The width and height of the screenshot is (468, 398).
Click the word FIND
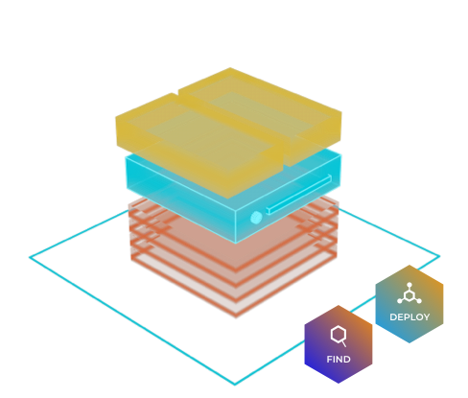pyautogui.click(x=339, y=360)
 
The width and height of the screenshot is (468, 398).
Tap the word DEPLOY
pyautogui.click(x=409, y=317)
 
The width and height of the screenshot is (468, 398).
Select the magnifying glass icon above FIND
pyautogui.click(x=339, y=336)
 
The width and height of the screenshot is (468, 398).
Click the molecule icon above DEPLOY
pyautogui.click(x=409, y=293)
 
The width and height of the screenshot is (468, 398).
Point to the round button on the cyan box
pyautogui.click(x=256, y=218)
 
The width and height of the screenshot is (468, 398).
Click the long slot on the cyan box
pyautogui.click(x=299, y=195)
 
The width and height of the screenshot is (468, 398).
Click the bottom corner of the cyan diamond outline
pyautogui.click(x=235, y=385)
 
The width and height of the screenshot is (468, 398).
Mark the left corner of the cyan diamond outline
pyautogui.click(x=30, y=257)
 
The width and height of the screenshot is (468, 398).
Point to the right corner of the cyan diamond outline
pyautogui.click(x=439, y=256)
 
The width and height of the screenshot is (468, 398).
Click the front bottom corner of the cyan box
pyautogui.click(x=236, y=244)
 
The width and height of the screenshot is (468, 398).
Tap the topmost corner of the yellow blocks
pyautogui.click(x=230, y=68)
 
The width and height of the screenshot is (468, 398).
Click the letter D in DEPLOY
pyautogui.click(x=393, y=317)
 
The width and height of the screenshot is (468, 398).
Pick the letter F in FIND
pyautogui.click(x=329, y=360)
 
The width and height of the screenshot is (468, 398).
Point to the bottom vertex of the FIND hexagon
pyautogui.click(x=339, y=383)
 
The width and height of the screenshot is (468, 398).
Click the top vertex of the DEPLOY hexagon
pyautogui.click(x=409, y=265)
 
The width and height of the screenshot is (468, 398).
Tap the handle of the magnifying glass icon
pyautogui.click(x=343, y=344)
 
